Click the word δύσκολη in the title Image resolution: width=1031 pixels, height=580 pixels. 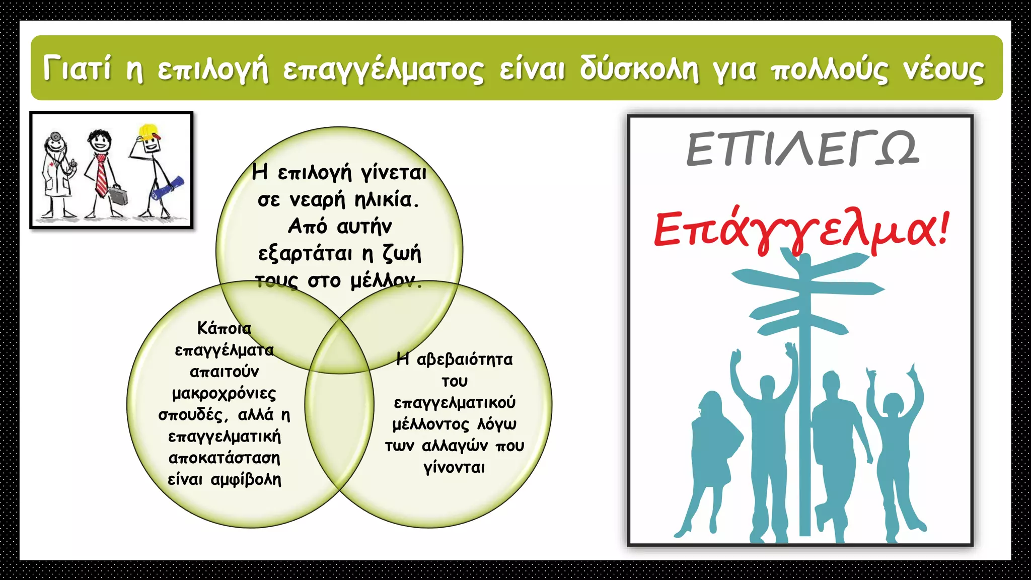point(639,69)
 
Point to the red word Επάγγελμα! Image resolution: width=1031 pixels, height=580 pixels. point(800,229)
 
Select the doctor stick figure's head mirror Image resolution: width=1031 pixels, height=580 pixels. point(55,136)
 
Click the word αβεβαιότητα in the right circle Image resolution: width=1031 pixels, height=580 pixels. point(465,359)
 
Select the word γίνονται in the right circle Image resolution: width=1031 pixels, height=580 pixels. point(454,468)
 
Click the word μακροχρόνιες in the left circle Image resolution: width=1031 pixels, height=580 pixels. point(224,393)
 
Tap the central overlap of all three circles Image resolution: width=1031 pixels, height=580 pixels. point(340,347)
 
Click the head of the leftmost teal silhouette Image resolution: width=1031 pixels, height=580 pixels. point(711,403)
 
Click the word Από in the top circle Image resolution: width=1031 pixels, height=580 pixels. point(308,226)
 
